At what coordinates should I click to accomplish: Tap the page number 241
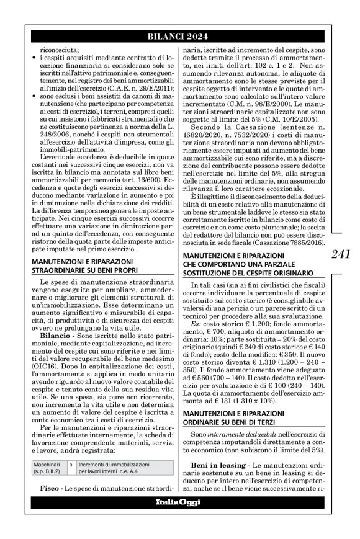point(341,254)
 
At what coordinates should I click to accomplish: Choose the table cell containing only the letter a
point(71,463)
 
